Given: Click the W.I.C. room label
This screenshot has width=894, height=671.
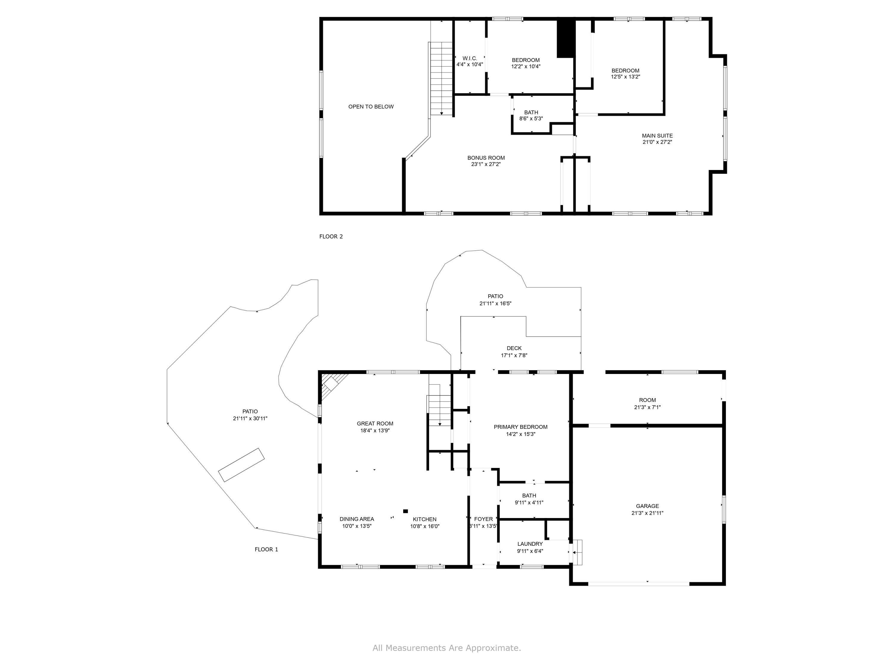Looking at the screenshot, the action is tap(470, 58).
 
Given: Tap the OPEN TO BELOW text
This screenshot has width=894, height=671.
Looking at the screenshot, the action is tap(371, 107).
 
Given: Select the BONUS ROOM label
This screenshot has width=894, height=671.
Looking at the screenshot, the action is tap(486, 158).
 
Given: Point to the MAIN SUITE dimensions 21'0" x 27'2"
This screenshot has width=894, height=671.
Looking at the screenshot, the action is tap(657, 142).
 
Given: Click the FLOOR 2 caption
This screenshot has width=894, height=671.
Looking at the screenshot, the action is tap(331, 236).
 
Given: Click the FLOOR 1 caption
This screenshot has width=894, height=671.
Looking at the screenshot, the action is tap(266, 549).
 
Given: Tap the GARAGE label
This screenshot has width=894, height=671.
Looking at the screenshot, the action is tap(648, 506).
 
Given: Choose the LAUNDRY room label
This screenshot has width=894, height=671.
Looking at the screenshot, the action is tap(530, 544).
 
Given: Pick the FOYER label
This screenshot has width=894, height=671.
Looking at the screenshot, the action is tap(483, 519).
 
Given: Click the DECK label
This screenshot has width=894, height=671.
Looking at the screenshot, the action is tap(514, 348).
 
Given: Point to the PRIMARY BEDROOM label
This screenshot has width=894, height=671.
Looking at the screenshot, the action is tap(521, 427).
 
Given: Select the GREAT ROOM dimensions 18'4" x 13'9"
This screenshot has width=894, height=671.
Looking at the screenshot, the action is tap(375, 431).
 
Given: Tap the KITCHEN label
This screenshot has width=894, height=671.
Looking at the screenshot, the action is tap(424, 519).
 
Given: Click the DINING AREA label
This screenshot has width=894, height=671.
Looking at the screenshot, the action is tap(357, 519).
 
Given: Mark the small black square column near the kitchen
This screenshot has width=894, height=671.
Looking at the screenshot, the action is tap(405, 511).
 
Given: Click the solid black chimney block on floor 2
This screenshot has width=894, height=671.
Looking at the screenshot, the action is tap(566, 38).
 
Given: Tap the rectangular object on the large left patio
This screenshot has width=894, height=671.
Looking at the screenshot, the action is tap(241, 465).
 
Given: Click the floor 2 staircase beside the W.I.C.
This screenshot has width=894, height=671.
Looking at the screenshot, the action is tap(441, 78).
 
